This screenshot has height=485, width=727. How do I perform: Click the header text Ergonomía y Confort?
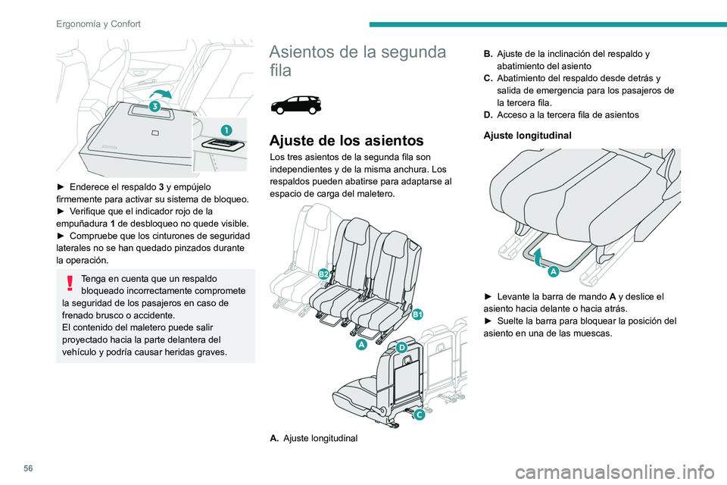[x=98, y=23]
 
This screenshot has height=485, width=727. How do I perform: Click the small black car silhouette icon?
[x=296, y=105]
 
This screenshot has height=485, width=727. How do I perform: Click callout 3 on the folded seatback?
[x=154, y=107]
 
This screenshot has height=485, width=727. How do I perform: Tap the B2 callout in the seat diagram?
[x=323, y=274]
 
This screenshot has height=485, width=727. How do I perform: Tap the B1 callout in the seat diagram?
[x=417, y=314]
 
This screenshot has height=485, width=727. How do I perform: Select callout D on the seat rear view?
[x=401, y=347]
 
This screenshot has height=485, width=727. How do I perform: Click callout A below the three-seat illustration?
[x=362, y=345]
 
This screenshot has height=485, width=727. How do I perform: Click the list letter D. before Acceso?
[x=488, y=114]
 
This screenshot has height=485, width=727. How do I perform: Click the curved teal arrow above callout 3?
[x=165, y=95]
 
